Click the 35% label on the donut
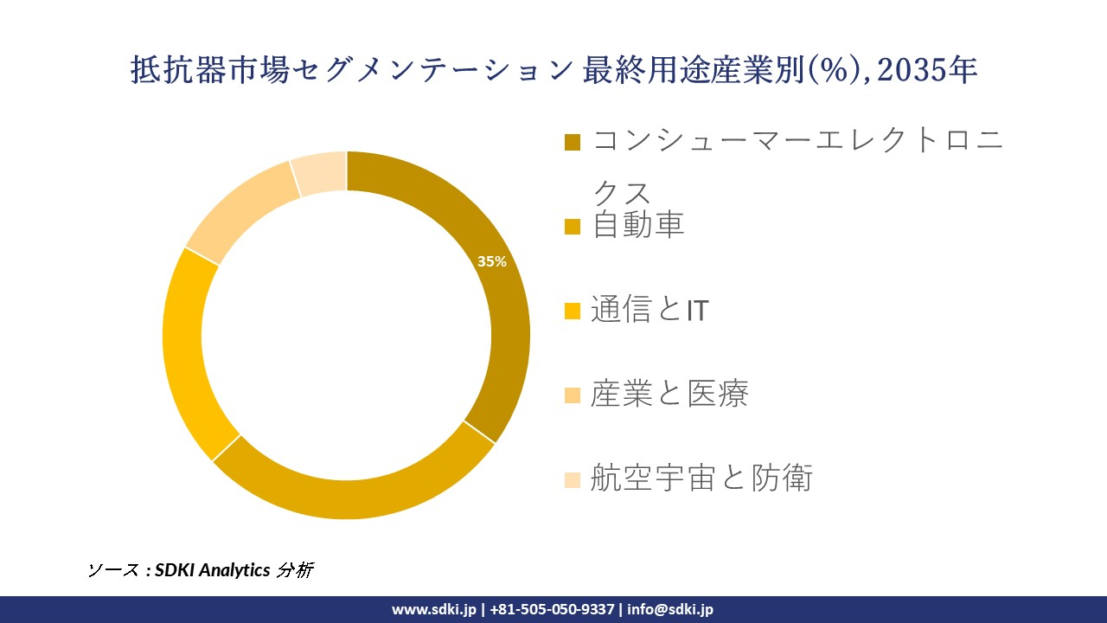tap(492, 261)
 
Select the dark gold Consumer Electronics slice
tap(506, 294)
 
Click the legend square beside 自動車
tap(573, 227)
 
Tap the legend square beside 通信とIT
tap(573, 311)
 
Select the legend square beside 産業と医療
tap(573, 395)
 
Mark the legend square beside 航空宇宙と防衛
tap(573, 478)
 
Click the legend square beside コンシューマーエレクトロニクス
tap(573, 142)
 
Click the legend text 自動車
tap(638, 225)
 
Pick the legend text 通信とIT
tap(649, 309)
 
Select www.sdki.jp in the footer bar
tap(433, 609)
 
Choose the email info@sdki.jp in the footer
tap(670, 609)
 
